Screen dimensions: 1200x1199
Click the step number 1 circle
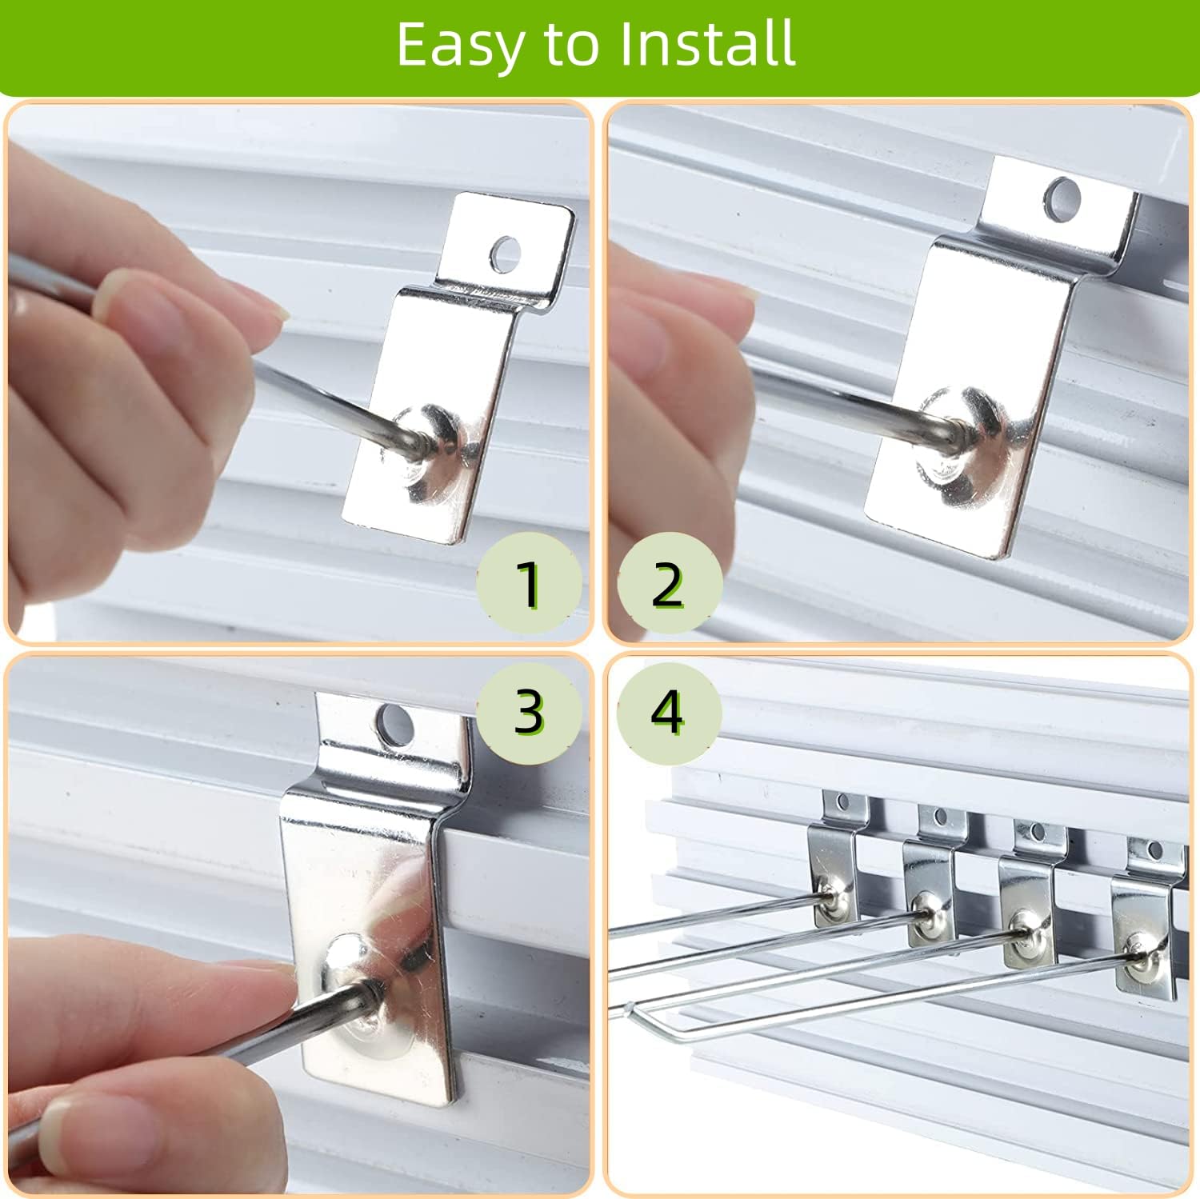(x=529, y=584)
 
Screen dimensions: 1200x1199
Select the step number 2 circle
(x=669, y=584)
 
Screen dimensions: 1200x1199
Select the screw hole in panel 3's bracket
(x=395, y=722)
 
